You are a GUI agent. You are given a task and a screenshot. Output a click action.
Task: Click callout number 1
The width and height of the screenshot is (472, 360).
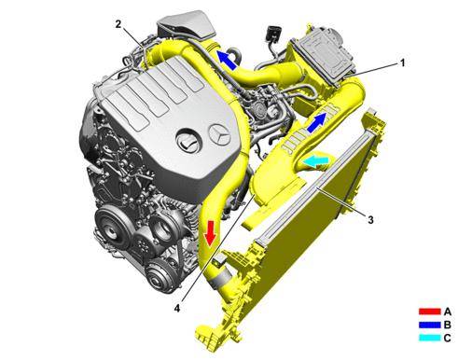402,63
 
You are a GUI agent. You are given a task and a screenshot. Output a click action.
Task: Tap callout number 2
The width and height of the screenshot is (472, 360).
118,24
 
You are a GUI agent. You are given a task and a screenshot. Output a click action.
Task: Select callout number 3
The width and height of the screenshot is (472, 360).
370,220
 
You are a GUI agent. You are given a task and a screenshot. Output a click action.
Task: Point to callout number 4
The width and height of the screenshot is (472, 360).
177,309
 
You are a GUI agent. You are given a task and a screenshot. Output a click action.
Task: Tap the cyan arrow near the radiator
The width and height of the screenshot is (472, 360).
316,160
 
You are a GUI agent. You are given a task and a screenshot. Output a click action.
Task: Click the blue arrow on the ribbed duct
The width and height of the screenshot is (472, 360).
317,123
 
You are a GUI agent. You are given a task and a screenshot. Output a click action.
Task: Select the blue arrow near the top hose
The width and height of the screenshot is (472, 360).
226,60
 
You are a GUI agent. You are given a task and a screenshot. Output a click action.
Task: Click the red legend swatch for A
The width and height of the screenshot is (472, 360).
430,312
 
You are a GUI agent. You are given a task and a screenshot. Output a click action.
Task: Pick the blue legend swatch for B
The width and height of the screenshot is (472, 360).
430,325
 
